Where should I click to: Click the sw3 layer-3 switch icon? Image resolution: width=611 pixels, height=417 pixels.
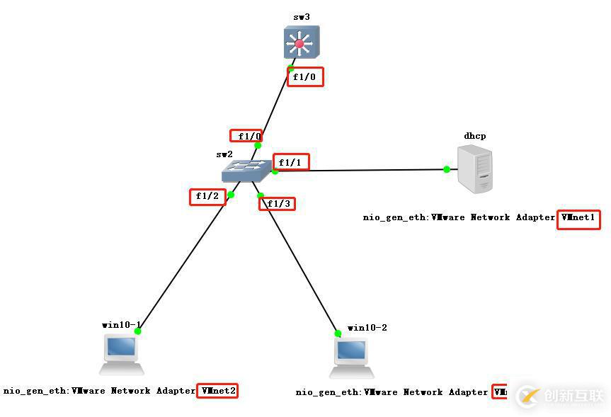point(299,42)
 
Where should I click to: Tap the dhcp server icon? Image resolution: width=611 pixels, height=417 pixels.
point(474,168)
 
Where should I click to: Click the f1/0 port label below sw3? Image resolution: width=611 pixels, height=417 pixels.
point(305,76)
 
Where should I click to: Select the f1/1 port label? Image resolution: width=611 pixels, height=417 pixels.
point(290,163)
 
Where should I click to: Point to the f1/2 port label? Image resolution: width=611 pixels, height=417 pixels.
point(207,196)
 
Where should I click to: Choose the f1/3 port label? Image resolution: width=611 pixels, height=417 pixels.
point(277,204)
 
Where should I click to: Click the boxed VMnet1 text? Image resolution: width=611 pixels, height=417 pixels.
point(578,219)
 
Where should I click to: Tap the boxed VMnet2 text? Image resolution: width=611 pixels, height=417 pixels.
point(217,390)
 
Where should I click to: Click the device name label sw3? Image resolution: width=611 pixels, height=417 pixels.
point(302,16)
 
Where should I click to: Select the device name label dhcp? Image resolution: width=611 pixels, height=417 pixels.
point(475,136)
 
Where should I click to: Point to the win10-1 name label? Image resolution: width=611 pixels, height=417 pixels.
point(120,324)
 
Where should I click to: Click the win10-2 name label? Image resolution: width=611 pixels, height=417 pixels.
point(367,328)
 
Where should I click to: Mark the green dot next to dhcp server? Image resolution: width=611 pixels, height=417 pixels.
point(447,169)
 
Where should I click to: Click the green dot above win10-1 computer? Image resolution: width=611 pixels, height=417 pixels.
point(138,331)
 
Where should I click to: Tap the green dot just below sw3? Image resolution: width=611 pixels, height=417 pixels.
point(290,69)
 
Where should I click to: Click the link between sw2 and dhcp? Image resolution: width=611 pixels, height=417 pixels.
point(361,170)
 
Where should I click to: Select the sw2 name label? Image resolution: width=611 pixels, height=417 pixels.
point(224,154)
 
